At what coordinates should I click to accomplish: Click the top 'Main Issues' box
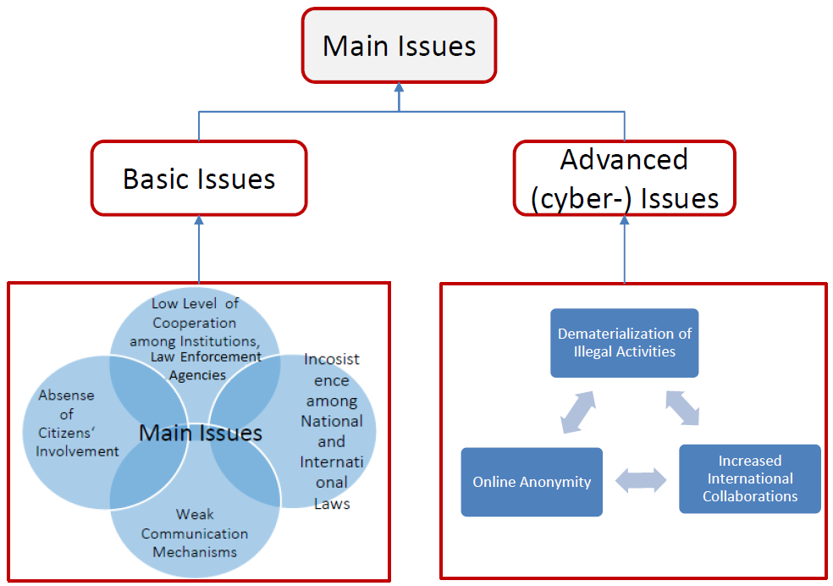click(399, 46)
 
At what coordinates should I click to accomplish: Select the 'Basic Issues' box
click(199, 178)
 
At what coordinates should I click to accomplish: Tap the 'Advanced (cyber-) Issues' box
click(625, 178)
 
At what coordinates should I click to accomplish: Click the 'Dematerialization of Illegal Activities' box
click(624, 342)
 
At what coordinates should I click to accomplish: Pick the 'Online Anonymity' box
click(532, 482)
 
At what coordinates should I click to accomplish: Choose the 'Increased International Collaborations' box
click(749, 478)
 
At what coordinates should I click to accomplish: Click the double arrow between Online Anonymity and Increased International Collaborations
click(641, 481)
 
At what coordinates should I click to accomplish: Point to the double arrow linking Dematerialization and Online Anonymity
click(578, 412)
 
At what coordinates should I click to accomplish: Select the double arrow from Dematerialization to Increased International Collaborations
click(682, 407)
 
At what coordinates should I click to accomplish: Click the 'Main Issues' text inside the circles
click(201, 433)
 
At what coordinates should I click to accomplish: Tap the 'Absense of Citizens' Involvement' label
click(79, 423)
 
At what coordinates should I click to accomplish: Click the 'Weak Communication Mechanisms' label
click(195, 533)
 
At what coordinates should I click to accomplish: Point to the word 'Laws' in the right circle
click(331, 503)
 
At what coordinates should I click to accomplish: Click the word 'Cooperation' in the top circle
click(195, 323)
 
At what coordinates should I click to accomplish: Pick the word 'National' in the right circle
click(331, 421)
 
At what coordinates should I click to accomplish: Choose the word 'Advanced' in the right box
click(625, 159)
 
